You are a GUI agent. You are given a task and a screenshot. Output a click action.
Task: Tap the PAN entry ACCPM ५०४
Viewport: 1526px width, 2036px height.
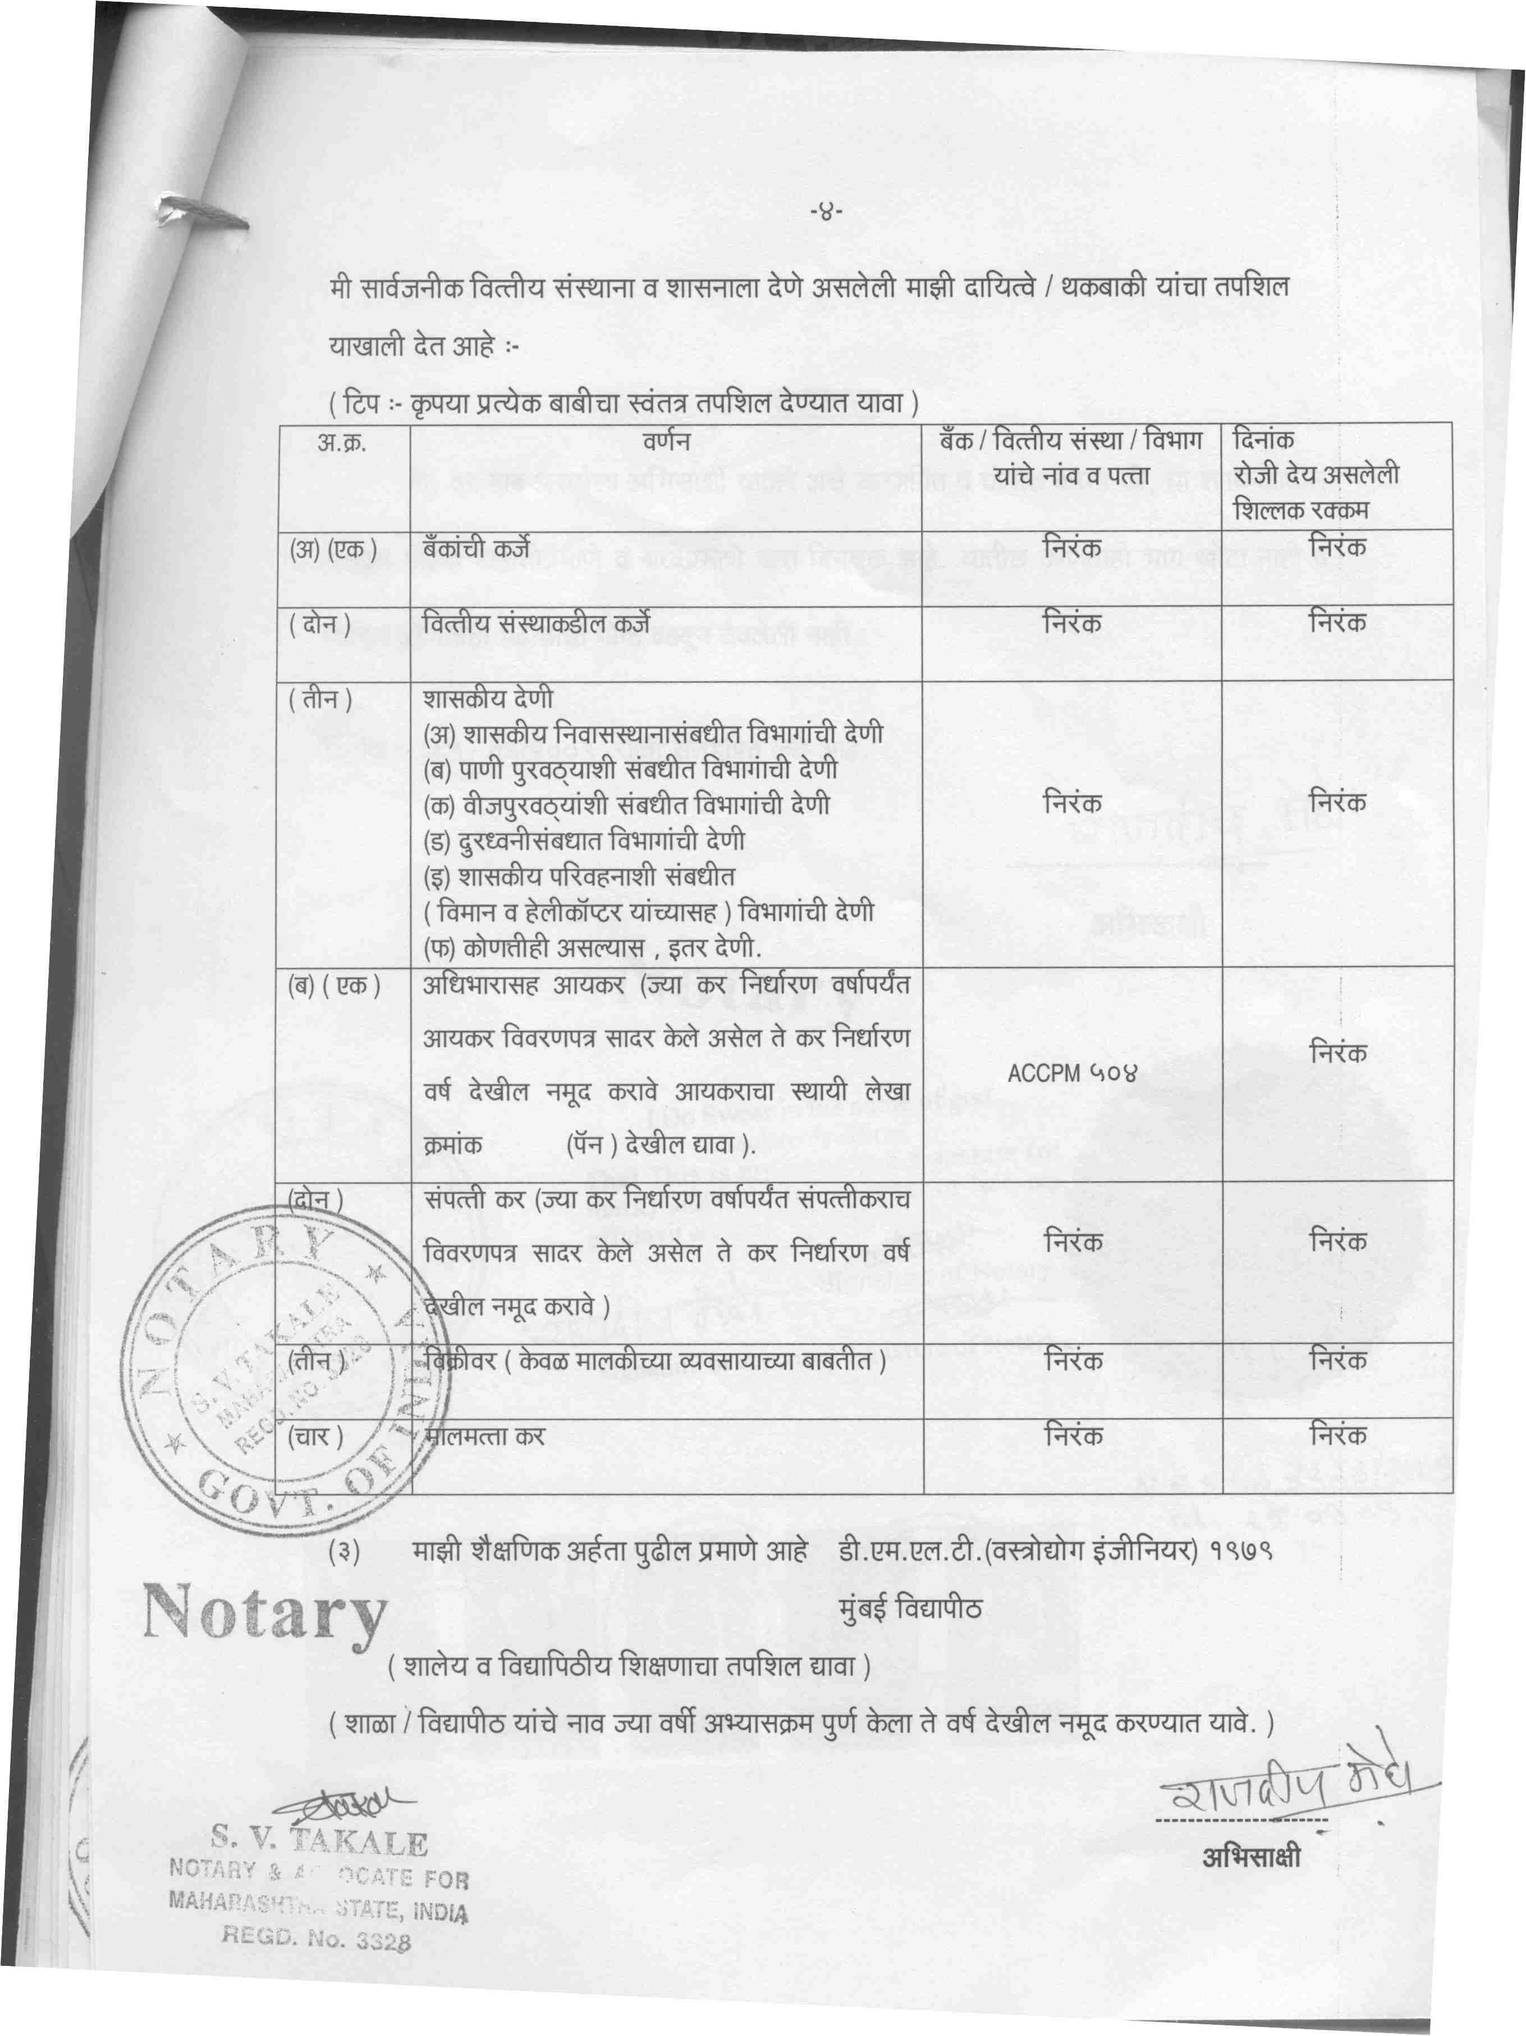pos(1073,1073)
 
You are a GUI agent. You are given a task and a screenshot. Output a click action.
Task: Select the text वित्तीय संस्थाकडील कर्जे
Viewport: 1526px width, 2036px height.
pos(535,624)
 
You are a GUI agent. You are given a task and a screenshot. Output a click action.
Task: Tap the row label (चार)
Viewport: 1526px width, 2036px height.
pos(315,1437)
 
